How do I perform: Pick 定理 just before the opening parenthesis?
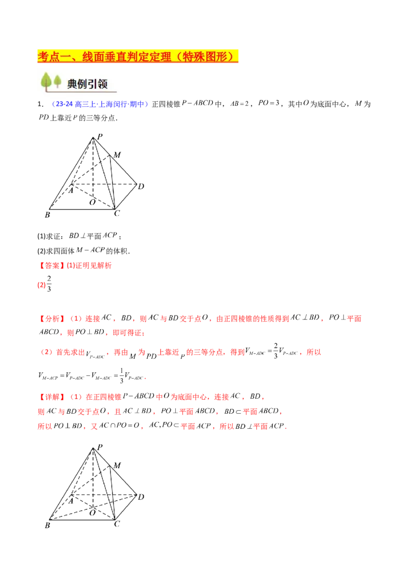(x=159, y=57)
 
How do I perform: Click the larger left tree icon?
(x=46, y=82)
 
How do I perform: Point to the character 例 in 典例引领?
(x=85, y=83)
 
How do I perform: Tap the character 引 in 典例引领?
(x=96, y=83)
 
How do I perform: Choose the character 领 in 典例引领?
(x=107, y=83)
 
